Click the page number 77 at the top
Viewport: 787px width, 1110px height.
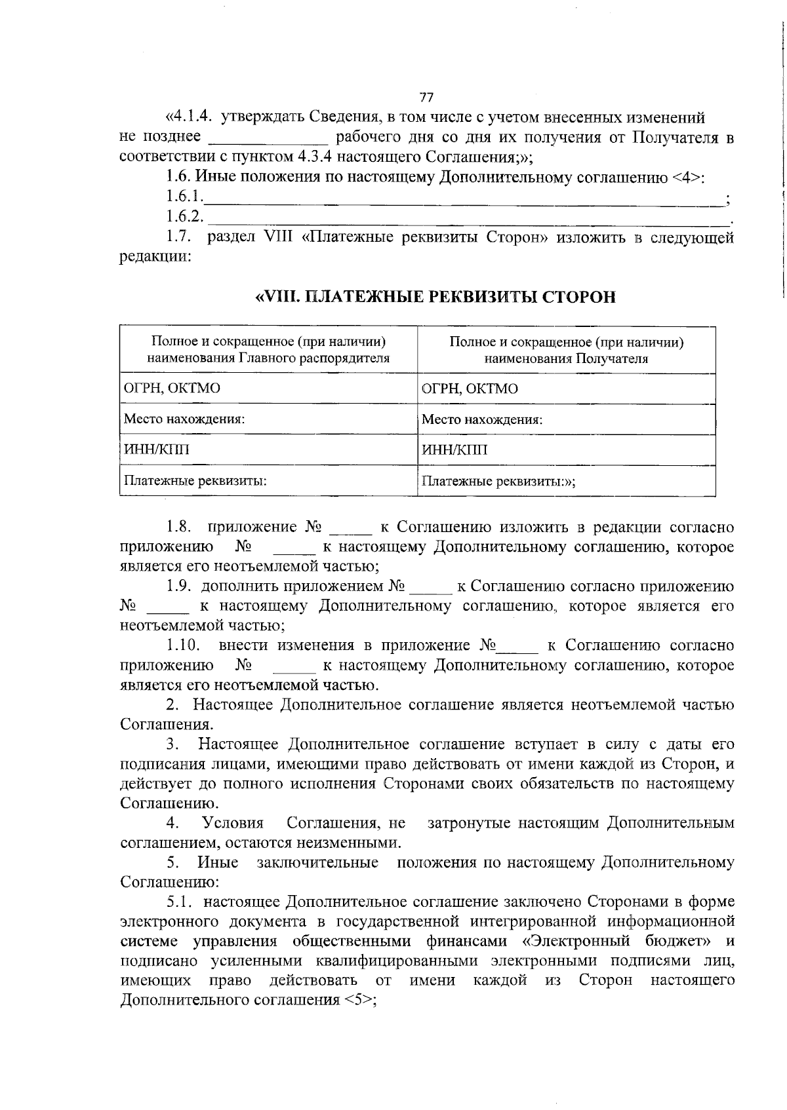click(x=426, y=97)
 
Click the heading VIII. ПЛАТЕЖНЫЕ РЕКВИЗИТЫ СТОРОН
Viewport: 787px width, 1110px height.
click(x=435, y=297)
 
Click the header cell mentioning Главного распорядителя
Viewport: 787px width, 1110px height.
click(x=268, y=350)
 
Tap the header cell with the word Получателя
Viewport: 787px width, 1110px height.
click(x=567, y=350)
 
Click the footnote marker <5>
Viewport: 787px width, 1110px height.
click(x=357, y=1001)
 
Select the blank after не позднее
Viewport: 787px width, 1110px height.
click(x=267, y=139)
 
